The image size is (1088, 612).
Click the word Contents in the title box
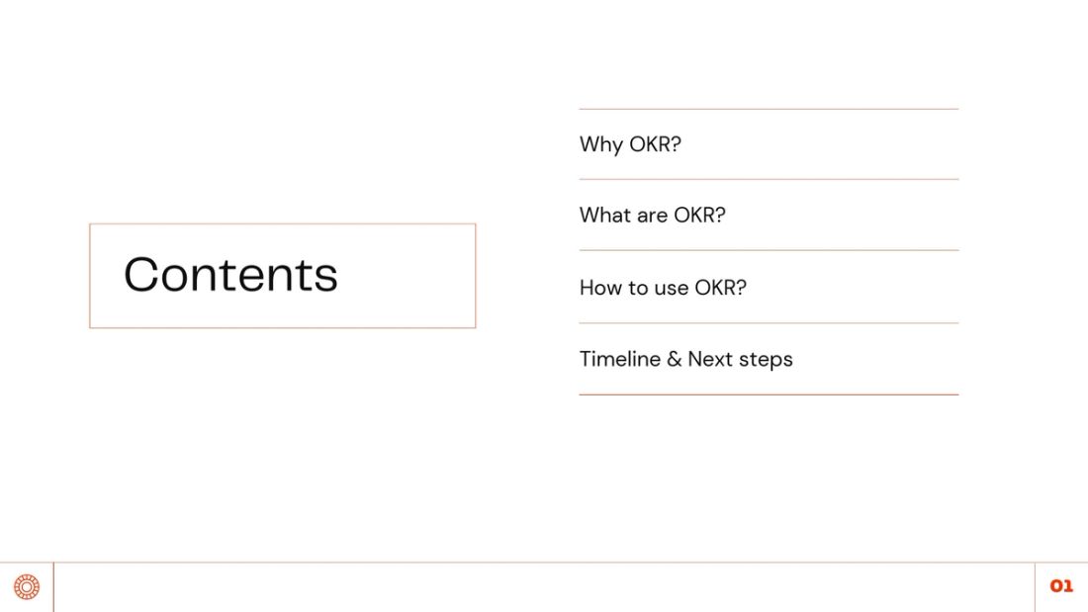(230, 275)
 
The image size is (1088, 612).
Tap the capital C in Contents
(142, 275)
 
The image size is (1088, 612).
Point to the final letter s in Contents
(326, 278)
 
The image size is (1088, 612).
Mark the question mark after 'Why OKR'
(677, 144)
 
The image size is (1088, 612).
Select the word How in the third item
(600, 288)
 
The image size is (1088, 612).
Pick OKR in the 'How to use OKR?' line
(715, 288)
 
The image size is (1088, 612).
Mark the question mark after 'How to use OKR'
(742, 288)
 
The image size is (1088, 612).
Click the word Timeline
(619, 359)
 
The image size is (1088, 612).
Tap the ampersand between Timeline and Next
(675, 360)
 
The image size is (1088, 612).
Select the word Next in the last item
(709, 359)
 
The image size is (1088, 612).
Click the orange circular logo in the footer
(27, 587)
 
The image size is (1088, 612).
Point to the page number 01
(1061, 587)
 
